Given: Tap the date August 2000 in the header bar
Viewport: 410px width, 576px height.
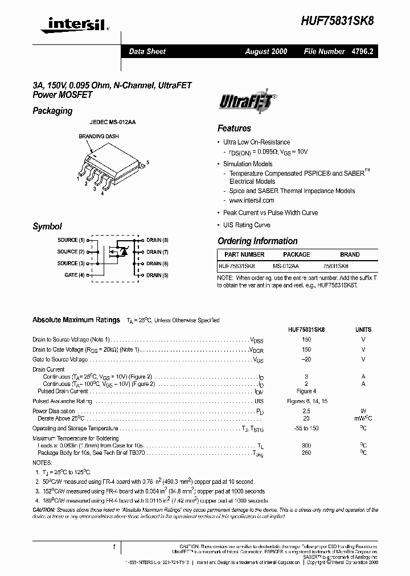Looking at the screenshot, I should [x=266, y=51].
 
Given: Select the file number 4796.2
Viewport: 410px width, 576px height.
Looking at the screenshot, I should [x=361, y=51].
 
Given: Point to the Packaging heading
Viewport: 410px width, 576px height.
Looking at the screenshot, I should [x=52, y=111].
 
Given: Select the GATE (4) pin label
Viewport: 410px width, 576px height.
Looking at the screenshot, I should [x=75, y=275].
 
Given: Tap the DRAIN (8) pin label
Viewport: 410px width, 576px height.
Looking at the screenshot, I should [x=157, y=240].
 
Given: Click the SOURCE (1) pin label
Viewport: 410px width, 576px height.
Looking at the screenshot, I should [x=71, y=240].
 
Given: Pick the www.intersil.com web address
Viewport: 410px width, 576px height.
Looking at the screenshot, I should [x=252, y=200].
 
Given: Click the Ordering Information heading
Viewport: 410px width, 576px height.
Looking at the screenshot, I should [x=257, y=241].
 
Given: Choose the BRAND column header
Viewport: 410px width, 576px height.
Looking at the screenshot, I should [x=350, y=254].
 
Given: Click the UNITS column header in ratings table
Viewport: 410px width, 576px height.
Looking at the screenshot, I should [x=363, y=329].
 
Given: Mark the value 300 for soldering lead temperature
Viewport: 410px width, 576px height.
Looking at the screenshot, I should [x=306, y=445].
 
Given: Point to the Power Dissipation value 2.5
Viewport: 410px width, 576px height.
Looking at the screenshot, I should [x=306, y=410].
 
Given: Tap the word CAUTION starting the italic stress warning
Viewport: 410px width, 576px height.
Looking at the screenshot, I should [x=44, y=509].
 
